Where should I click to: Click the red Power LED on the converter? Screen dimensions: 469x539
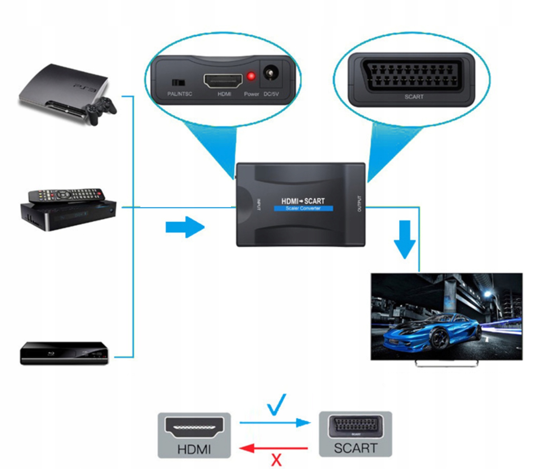[x=251, y=77]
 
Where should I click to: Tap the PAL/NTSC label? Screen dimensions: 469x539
[x=180, y=94]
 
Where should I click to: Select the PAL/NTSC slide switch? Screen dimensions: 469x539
[x=178, y=82]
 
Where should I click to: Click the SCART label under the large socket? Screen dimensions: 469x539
[x=414, y=97]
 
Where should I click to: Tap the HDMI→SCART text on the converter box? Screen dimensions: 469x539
[x=303, y=201]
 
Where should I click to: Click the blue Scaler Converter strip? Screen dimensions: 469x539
[x=303, y=208]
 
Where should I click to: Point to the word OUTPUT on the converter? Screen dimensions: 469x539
[x=359, y=204]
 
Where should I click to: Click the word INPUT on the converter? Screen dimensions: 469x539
[x=259, y=205]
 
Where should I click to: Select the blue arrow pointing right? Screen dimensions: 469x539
[x=185, y=227]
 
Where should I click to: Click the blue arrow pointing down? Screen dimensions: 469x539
[x=405, y=239]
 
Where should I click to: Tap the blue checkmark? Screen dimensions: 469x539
[x=277, y=405]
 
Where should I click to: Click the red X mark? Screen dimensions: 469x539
[x=276, y=460]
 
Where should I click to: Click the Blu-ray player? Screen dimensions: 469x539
[x=64, y=353]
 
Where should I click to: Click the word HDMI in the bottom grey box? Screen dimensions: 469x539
[x=194, y=449]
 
